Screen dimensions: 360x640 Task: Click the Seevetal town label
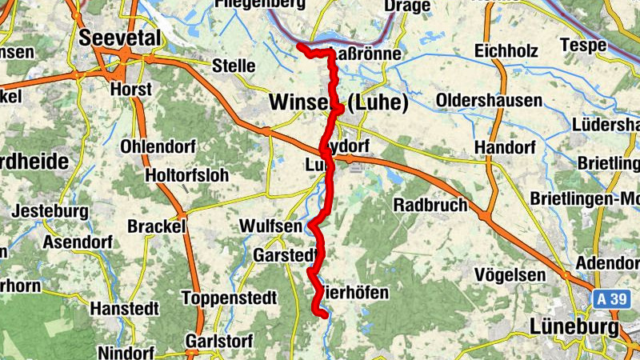click(120, 38)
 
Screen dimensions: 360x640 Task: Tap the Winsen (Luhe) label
click(339, 102)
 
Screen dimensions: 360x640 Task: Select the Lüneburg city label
click(574, 327)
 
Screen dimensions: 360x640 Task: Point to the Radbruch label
click(430, 205)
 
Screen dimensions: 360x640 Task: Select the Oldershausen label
click(490, 102)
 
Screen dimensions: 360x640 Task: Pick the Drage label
click(408, 6)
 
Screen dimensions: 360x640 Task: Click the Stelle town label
click(234, 66)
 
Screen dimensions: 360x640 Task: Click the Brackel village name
click(157, 226)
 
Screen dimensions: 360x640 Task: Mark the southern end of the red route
click(323, 314)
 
